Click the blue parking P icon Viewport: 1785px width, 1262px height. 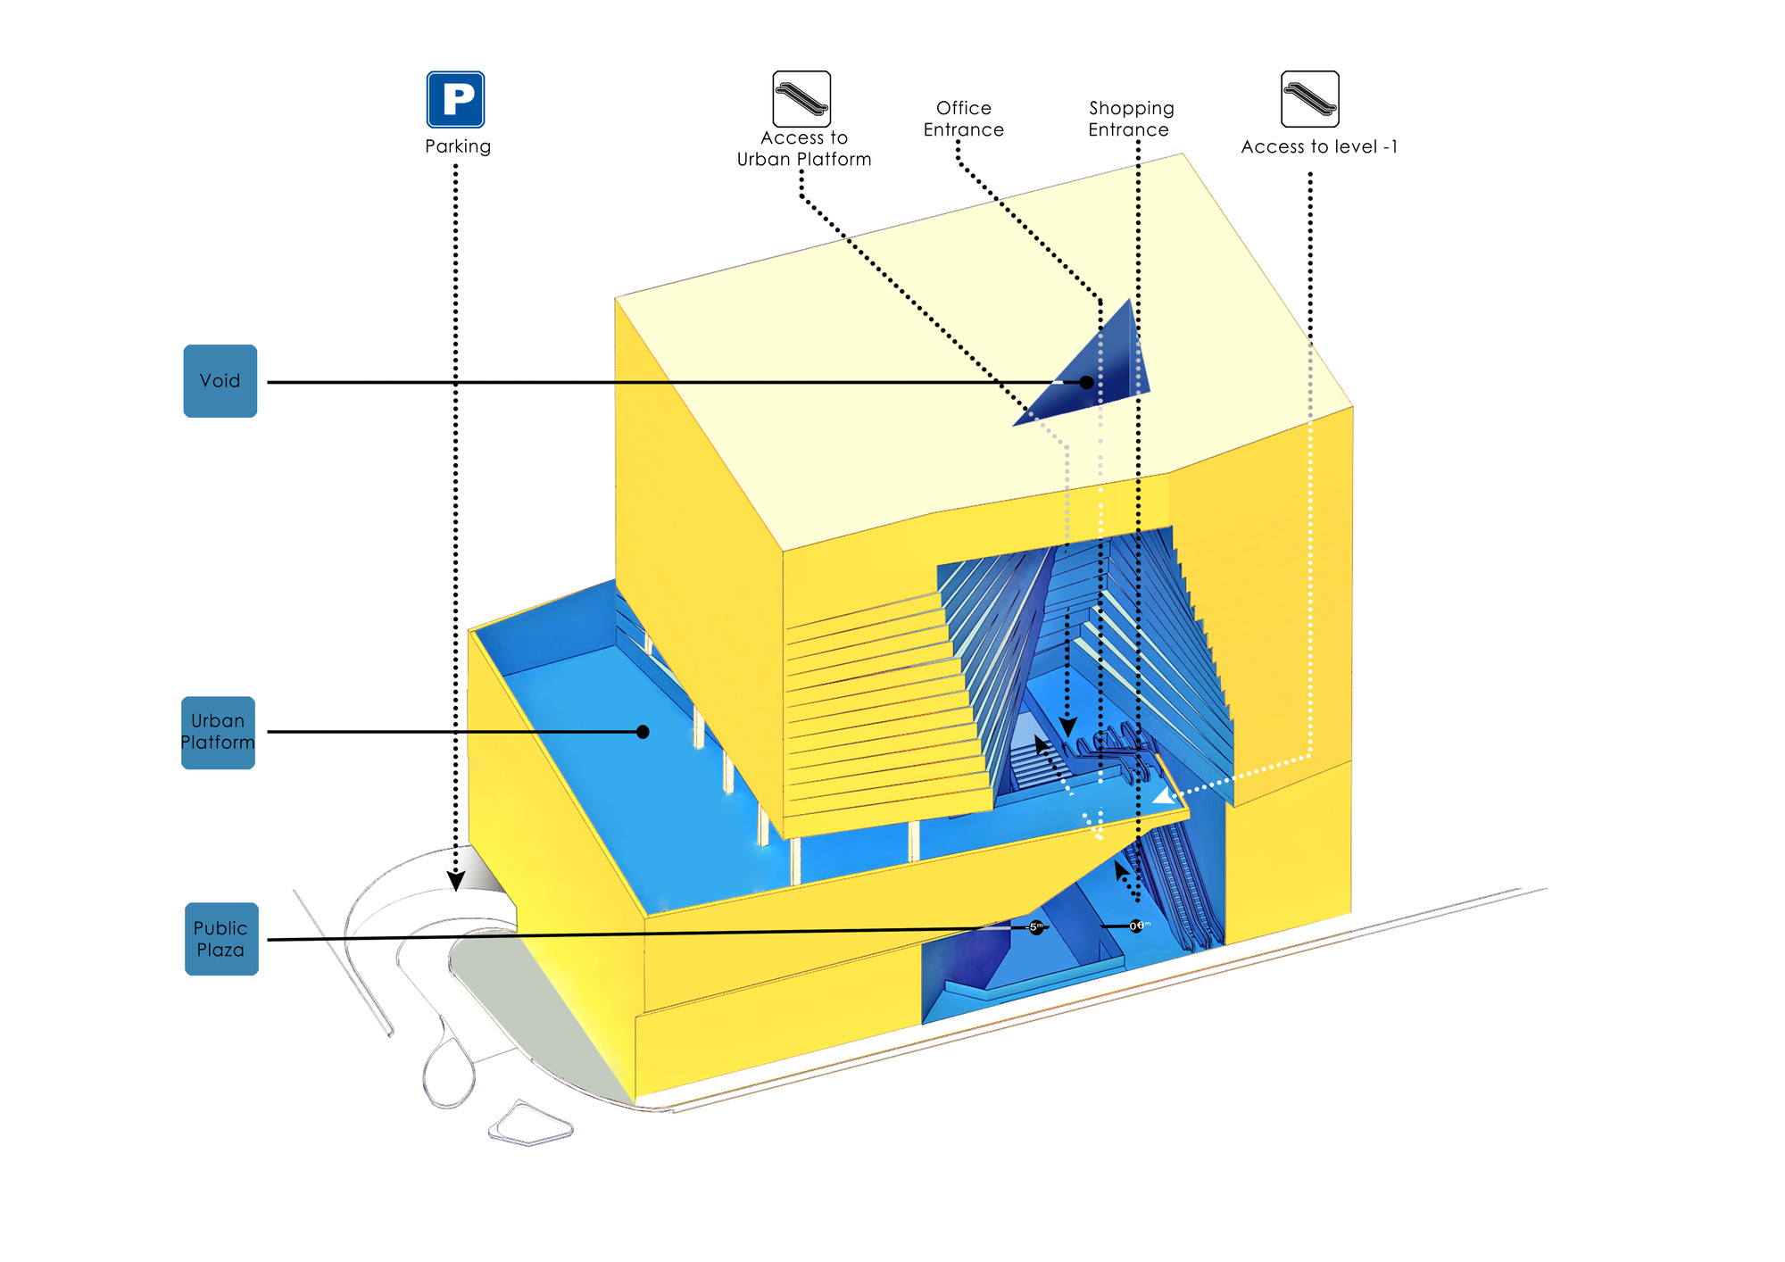pyautogui.click(x=455, y=99)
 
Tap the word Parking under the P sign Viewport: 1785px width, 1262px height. pyautogui.click(x=458, y=146)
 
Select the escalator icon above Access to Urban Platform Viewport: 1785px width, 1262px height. pyautogui.click(x=801, y=99)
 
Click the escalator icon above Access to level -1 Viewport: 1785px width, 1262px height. pyautogui.click(x=1309, y=99)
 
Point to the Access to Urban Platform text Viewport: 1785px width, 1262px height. pyautogui.click(x=804, y=149)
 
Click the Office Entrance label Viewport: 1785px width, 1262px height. pyautogui.click(x=964, y=119)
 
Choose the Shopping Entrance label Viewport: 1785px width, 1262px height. pyautogui.click(x=1131, y=119)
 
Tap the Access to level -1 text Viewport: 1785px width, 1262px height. pyautogui.click(x=1319, y=147)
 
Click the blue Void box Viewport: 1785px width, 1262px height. pyautogui.click(x=220, y=381)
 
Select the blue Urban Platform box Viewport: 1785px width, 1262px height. pyautogui.click(x=219, y=732)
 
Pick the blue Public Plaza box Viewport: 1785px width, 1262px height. pyautogui.click(x=221, y=939)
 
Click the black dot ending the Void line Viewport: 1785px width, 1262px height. pyautogui.click(x=1086, y=382)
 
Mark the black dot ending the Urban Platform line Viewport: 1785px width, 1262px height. pyautogui.click(x=643, y=732)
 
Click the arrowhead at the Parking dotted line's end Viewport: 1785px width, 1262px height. pyautogui.click(x=455, y=881)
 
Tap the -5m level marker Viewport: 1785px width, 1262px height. pyautogui.click(x=1035, y=927)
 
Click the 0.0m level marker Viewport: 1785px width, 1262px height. pyautogui.click(x=1136, y=926)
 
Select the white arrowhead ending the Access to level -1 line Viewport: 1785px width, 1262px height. pyautogui.click(x=1164, y=796)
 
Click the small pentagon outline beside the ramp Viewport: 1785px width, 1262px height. pyautogui.click(x=530, y=1124)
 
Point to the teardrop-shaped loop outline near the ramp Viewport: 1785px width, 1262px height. pyautogui.click(x=447, y=1072)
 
